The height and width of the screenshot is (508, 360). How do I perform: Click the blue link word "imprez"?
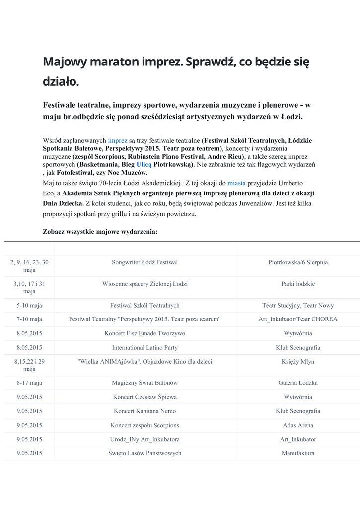118,141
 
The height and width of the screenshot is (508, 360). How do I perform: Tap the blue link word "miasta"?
237,183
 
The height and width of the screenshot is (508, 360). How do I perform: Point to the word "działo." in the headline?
61,81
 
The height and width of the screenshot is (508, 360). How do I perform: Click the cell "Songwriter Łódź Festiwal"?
144,262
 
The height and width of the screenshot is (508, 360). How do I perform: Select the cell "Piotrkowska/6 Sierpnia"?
298,262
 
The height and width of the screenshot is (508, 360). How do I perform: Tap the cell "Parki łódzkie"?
298,284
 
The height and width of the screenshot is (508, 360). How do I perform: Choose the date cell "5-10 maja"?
29,305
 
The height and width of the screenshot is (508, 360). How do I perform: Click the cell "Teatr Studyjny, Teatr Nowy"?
298,305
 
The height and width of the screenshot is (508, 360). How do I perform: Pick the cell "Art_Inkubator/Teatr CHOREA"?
298,319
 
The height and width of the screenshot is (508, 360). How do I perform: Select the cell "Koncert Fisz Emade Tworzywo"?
144,333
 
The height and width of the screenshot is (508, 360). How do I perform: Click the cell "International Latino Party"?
144,347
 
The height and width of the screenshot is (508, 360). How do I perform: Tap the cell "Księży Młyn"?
298,362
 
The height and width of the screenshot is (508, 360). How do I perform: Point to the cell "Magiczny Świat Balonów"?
144,383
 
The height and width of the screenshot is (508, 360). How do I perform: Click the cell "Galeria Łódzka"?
298,383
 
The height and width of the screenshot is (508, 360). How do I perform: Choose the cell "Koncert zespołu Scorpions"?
144,425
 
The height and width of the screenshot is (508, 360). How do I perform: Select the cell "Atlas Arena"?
298,425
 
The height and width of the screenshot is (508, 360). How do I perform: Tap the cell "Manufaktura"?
298,453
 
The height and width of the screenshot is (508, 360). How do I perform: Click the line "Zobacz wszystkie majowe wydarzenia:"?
100,231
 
